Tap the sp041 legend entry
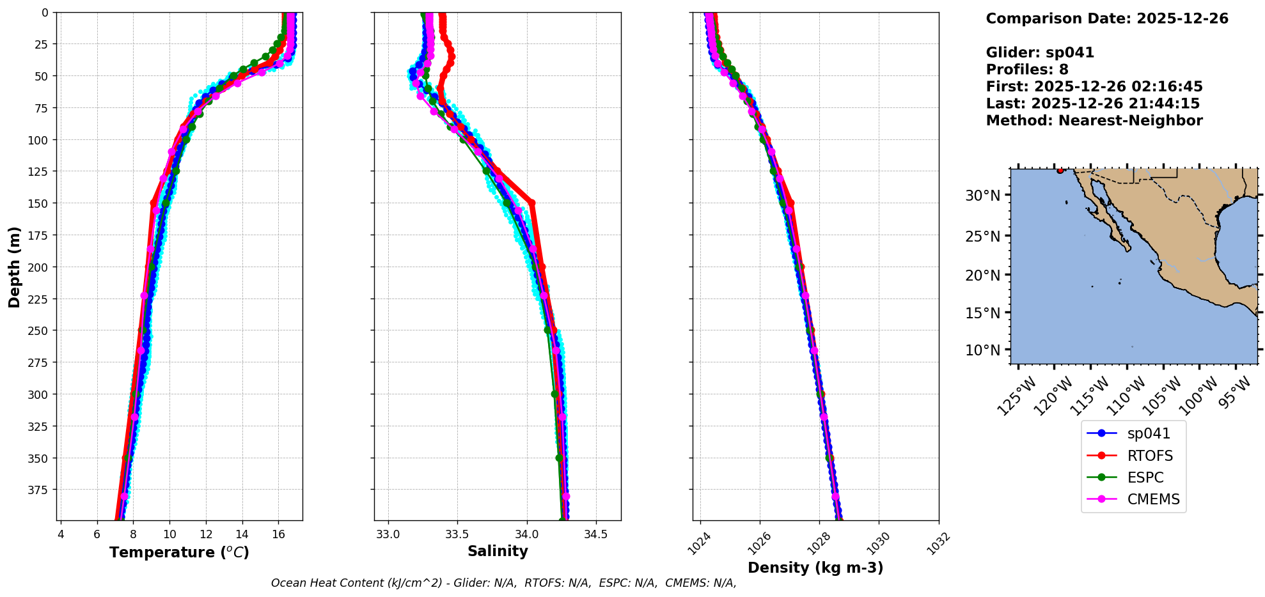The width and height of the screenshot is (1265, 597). pyautogui.click(x=1148, y=433)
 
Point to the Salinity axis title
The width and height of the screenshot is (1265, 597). pyautogui.click(x=498, y=552)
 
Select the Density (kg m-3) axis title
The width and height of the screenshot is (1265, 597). pyautogui.click(x=815, y=568)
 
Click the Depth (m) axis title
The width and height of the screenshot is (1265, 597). pyautogui.click(x=14, y=267)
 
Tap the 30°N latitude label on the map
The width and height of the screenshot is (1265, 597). pyautogui.click(x=982, y=196)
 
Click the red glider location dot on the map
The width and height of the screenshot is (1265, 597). pyautogui.click(x=1060, y=171)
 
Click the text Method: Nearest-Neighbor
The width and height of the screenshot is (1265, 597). pyautogui.click(x=1094, y=121)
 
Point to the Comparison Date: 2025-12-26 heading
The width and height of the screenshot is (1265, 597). pyautogui.click(x=1107, y=19)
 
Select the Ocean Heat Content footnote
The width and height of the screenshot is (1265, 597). pyautogui.click(x=503, y=583)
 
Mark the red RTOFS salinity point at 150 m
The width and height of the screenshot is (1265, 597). pyautogui.click(x=531, y=203)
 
